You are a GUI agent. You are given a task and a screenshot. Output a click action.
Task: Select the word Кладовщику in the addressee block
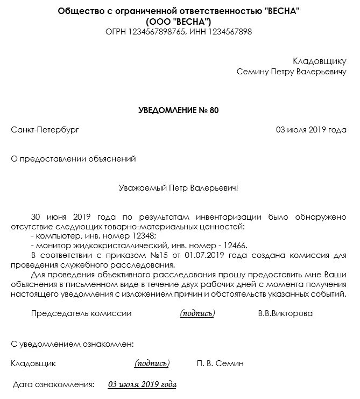tap(320, 61)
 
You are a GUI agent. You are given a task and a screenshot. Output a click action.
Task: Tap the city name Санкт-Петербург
tap(45, 130)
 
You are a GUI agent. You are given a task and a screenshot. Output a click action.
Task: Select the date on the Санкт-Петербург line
tap(311, 130)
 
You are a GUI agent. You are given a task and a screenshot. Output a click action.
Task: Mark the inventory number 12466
tap(234, 246)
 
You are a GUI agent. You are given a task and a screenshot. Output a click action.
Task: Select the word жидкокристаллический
tap(108, 246)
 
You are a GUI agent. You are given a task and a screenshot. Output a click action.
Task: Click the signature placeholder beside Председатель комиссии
tap(197, 313)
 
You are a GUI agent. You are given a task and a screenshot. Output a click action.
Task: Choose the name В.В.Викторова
tap(285, 313)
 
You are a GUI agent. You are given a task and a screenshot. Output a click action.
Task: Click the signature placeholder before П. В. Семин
tap(152, 363)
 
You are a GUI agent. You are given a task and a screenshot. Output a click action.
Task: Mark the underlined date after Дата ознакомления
tap(142, 384)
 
